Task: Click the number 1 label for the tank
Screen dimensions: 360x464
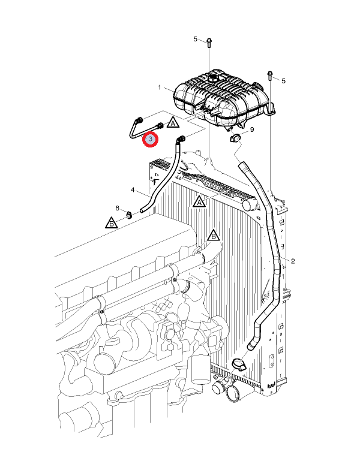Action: click(x=160, y=88)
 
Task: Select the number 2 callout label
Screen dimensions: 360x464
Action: click(x=293, y=261)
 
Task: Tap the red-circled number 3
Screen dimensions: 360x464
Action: click(x=151, y=139)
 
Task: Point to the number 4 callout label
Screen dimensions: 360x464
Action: click(x=133, y=189)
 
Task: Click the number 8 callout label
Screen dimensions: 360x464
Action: click(x=117, y=208)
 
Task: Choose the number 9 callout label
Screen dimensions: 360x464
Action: click(x=252, y=129)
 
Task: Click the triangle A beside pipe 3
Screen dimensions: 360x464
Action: click(x=173, y=122)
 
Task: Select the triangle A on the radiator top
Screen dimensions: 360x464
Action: click(x=199, y=201)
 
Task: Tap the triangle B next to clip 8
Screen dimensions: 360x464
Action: click(x=112, y=222)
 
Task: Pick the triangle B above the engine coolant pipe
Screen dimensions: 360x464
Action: click(x=213, y=236)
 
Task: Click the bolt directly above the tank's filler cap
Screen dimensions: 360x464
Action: click(x=209, y=43)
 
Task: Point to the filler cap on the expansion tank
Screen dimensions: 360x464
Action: click(x=212, y=79)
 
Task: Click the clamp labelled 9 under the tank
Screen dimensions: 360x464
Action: click(x=235, y=137)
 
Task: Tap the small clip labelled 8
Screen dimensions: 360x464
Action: click(x=129, y=215)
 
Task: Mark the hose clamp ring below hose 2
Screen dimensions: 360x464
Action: click(x=239, y=364)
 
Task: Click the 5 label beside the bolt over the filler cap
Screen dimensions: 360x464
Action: click(x=196, y=39)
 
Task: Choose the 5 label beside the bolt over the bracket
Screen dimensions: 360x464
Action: click(x=284, y=81)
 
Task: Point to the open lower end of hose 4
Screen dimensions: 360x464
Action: click(x=142, y=210)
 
